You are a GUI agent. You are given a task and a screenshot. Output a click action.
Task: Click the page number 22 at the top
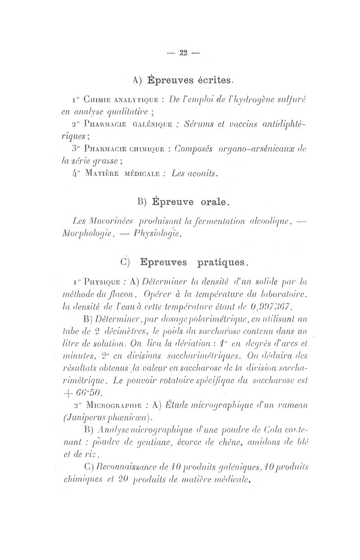click(183, 53)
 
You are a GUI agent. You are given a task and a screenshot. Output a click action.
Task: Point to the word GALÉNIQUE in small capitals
click(147, 125)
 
